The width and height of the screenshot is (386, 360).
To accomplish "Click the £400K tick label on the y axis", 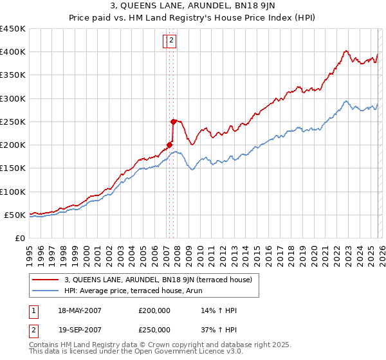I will pos(13,52).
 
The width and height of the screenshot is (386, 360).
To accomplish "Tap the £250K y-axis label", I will pos(13,122).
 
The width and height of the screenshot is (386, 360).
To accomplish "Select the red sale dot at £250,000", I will pos(173,122).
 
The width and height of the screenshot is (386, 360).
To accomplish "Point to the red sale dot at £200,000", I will pos(169,145).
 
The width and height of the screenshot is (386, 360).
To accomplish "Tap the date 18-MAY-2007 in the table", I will pos(79,310).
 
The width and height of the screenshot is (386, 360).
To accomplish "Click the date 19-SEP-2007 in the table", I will pos(79,330).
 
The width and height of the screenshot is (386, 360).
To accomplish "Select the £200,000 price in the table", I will pos(154,310).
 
